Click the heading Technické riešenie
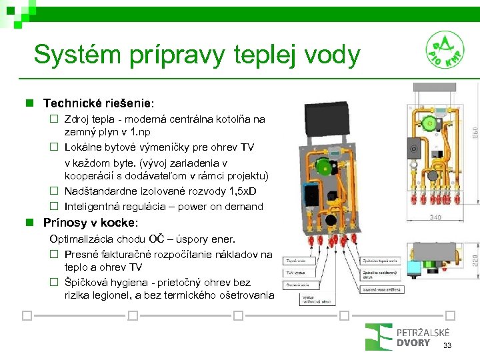pos(97,103)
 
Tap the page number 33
pos(447,345)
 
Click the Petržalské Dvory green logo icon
pos(378,337)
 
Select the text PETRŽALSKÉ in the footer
pos(423,333)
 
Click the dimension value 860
pos(474,133)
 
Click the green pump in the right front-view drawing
pos(432,123)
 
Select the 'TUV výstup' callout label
pos(297,272)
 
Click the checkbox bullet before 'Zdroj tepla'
pos(55,119)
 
